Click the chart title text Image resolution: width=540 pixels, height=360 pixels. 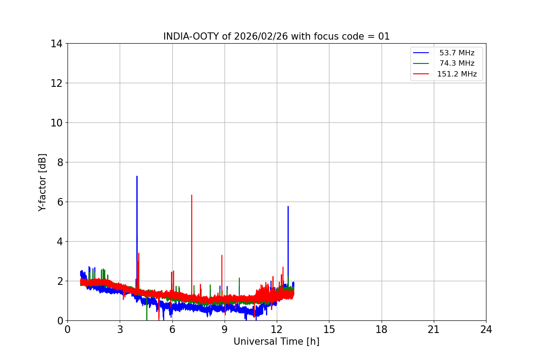(276, 36)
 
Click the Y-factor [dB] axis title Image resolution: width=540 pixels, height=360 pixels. (42, 182)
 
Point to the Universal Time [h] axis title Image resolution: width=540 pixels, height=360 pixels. (276, 342)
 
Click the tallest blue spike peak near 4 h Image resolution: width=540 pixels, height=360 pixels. (137, 176)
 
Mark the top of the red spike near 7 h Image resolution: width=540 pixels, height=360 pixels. (192, 195)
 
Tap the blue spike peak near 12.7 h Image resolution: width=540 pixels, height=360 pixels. (288, 207)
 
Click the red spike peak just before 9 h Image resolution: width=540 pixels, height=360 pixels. (222, 256)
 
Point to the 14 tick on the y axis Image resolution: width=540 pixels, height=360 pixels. (57, 44)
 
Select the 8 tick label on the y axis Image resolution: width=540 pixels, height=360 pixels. (59, 162)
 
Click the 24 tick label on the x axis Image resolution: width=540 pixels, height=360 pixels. (486, 329)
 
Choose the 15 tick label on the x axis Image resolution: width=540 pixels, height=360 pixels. (329, 329)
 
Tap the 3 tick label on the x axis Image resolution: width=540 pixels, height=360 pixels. (120, 329)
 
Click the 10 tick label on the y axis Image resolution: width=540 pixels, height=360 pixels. (57, 123)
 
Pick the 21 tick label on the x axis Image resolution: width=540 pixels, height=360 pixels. (434, 329)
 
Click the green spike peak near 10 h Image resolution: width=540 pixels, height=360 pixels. (239, 278)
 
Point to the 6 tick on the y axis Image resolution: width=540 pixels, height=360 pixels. (59, 202)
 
